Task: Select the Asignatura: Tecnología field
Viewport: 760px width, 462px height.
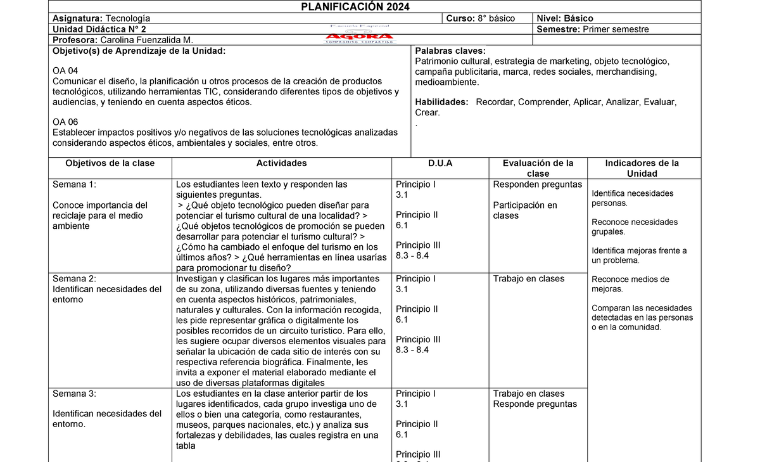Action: pyautogui.click(x=101, y=18)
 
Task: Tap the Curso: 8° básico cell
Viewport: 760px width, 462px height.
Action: pyautogui.click(x=480, y=18)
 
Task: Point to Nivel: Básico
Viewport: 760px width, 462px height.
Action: pyautogui.click(x=565, y=18)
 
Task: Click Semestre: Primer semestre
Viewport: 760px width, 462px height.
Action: pyautogui.click(x=592, y=29)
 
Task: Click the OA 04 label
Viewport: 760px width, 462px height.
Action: pyautogui.click(x=66, y=71)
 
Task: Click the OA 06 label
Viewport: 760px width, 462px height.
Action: pyautogui.click(x=66, y=122)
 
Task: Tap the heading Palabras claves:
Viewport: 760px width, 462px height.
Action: pyautogui.click(x=450, y=51)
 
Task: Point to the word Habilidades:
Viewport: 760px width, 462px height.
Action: pyautogui.click(x=441, y=102)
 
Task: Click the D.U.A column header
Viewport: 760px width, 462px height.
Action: pyautogui.click(x=440, y=164)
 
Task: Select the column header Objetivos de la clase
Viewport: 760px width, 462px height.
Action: pyautogui.click(x=110, y=164)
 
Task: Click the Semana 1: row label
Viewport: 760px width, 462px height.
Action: pyautogui.click(x=74, y=185)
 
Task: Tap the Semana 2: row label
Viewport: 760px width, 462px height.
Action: pyautogui.click(x=74, y=279)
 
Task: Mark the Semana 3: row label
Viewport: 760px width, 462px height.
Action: pyautogui.click(x=74, y=394)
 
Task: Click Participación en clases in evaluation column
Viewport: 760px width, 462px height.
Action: pyautogui.click(x=525, y=210)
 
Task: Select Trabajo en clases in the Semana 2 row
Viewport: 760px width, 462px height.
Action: pyautogui.click(x=528, y=279)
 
